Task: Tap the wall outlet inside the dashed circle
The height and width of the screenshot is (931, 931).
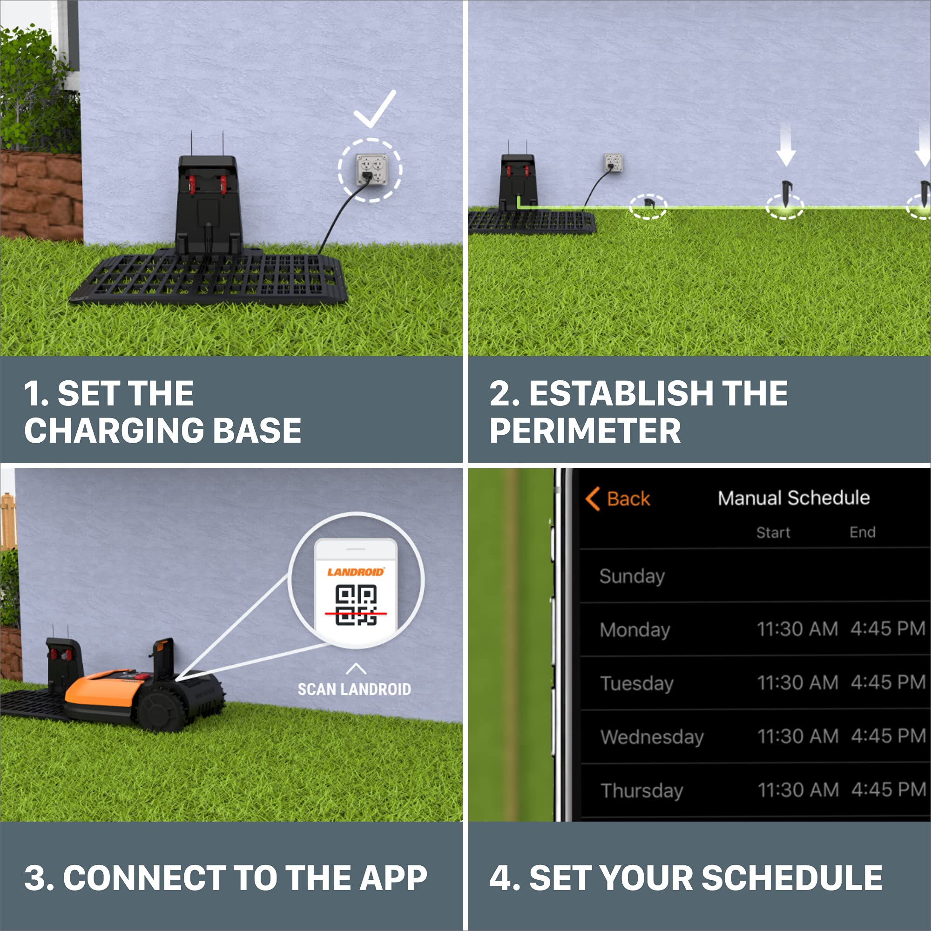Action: click(371, 169)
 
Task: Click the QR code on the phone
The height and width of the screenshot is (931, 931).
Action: click(356, 605)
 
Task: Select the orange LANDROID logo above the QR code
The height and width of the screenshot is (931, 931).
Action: click(356, 572)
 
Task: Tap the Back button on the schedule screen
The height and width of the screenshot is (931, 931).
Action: click(618, 499)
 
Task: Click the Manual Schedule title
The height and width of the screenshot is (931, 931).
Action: click(794, 498)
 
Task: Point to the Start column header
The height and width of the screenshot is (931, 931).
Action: click(773, 533)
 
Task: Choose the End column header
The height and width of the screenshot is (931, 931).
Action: click(863, 532)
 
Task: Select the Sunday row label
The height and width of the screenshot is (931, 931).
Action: click(632, 577)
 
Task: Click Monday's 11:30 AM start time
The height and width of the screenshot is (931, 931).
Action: click(797, 629)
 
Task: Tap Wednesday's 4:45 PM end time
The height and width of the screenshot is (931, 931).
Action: click(889, 736)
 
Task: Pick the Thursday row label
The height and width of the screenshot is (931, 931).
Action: click(642, 790)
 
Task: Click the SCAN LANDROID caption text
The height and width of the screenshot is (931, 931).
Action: click(354, 689)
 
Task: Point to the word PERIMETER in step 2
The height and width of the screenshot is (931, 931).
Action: click(585, 430)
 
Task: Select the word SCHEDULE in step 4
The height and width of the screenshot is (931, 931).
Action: click(792, 877)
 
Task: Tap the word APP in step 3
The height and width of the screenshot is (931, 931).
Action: click(393, 877)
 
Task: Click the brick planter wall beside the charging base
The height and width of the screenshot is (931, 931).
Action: click(41, 195)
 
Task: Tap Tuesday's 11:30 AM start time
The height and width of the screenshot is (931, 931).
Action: click(798, 683)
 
